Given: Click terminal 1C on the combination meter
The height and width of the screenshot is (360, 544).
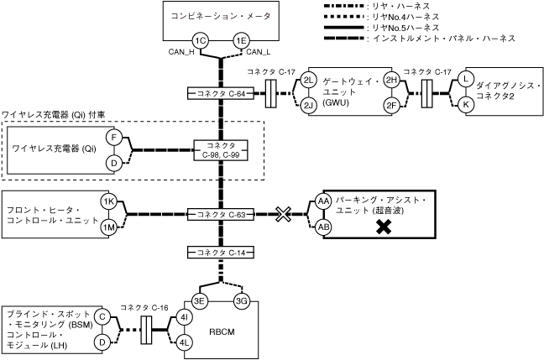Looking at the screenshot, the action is point(200,41).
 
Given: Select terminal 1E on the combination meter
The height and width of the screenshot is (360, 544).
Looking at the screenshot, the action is point(241,41).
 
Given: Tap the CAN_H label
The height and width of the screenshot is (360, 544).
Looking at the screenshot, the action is point(181,52).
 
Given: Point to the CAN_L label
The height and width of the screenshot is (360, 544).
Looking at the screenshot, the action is point(259,52).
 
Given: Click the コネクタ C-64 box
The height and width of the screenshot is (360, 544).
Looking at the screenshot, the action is point(221,94).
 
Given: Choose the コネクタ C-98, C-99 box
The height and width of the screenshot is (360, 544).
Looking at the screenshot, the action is point(221,150).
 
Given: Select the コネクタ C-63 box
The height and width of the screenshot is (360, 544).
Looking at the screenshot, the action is point(221,214).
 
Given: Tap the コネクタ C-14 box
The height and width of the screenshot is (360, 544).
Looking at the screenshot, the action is point(221,253).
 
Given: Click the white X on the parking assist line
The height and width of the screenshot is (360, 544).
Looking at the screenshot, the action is point(283,214).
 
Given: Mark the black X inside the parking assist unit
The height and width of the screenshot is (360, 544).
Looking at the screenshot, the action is point(384,227).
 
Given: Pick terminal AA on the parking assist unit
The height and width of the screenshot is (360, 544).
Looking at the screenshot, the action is point(323,201).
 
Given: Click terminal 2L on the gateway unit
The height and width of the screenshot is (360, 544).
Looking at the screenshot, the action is point(308,81).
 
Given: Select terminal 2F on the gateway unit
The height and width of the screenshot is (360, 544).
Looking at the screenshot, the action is point(391,105).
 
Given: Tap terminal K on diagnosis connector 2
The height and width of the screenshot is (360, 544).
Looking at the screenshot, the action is point(466,104).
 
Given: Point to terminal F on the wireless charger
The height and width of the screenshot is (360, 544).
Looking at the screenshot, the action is point(114,138).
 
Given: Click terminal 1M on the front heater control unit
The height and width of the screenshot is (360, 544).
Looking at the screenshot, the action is point(108,227).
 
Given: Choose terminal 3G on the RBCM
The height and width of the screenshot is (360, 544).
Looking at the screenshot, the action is point(241,300).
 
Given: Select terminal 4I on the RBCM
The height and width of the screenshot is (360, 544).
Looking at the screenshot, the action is point(184,317).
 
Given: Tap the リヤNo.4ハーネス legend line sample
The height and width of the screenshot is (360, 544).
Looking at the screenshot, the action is point(344,17).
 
